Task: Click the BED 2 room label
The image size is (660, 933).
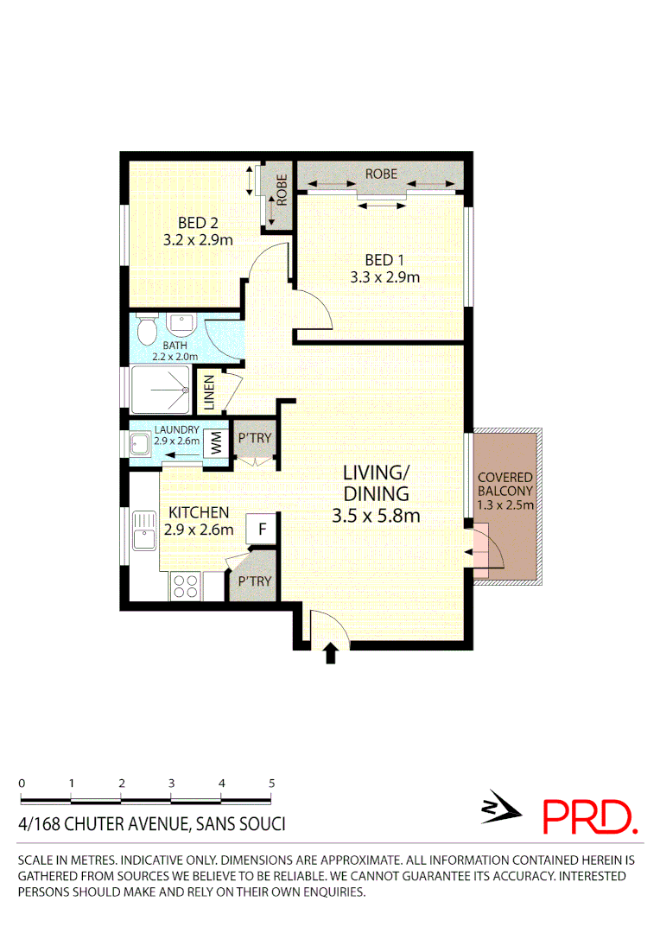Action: point(198,223)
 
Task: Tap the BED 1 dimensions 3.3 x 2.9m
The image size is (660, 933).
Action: point(384,277)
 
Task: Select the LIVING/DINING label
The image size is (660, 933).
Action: point(376,484)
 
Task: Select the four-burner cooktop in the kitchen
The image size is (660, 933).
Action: point(185,586)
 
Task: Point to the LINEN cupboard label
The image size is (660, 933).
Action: point(209,391)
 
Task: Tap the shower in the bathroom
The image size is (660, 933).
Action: point(161,390)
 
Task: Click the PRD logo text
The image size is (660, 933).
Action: point(590,816)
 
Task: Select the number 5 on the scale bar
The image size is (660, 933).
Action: point(272,783)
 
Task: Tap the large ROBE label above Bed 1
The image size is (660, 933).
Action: point(381,174)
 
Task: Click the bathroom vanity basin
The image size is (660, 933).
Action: point(181,325)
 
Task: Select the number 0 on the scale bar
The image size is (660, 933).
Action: point(22,783)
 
